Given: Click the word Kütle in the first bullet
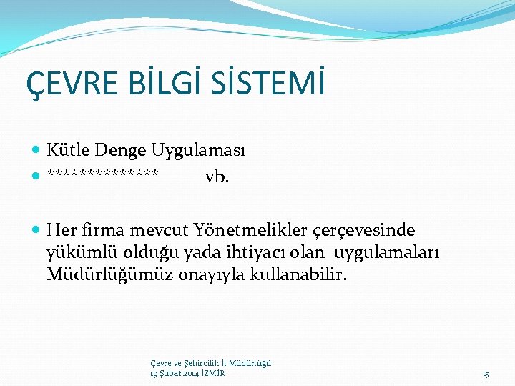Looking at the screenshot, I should pyautogui.click(x=67, y=150).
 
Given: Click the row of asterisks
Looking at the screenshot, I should pyautogui.click(x=104, y=176).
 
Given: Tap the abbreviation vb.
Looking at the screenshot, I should pyautogui.click(x=217, y=177).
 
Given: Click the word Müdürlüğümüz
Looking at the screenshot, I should pyautogui.click(x=95, y=275).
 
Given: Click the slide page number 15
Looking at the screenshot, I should pyautogui.click(x=486, y=375).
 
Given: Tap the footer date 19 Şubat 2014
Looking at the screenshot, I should pyautogui.click(x=176, y=374).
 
